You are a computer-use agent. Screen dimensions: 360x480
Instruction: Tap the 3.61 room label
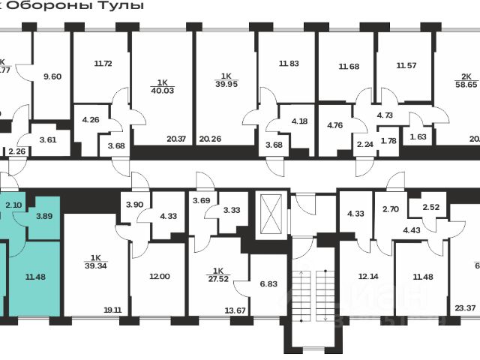click(x=47, y=139)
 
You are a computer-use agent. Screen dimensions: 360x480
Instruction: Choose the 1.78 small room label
click(x=388, y=142)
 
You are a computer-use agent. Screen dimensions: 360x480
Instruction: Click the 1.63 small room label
click(x=418, y=136)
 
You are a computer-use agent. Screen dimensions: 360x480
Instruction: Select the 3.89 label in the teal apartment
click(x=44, y=216)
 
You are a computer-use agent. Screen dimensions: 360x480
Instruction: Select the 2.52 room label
click(x=431, y=208)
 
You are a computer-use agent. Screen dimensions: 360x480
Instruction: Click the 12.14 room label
click(x=367, y=277)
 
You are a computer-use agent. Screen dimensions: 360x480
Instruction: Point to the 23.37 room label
click(x=466, y=306)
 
